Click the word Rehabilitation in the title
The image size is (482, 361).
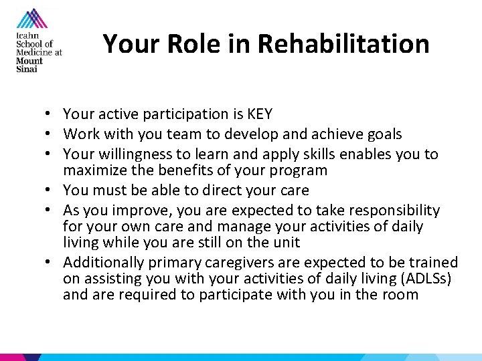(343, 44)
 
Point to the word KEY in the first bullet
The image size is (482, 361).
(258, 114)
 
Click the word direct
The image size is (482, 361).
(228, 191)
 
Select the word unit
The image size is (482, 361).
(287, 243)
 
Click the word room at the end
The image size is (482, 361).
(400, 295)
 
